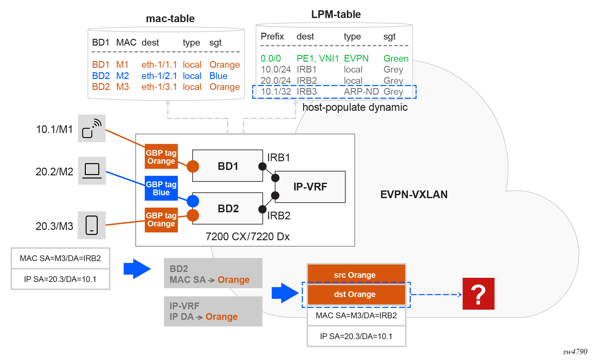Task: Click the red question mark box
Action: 478,294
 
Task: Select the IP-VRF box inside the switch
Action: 310,187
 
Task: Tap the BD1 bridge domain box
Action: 228,166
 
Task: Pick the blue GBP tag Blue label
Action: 161,188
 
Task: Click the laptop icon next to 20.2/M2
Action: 92,171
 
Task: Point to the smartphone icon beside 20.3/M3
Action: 92,225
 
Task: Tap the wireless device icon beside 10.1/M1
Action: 92,128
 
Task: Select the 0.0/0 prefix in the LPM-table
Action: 271,58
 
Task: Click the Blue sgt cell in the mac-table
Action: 218,76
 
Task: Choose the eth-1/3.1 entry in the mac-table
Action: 159,87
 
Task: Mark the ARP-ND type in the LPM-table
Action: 361,92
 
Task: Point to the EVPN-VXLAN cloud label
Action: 414,194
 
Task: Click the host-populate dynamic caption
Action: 355,107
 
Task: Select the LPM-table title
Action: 336,14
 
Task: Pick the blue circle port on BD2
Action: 193,201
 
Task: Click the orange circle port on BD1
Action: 193,166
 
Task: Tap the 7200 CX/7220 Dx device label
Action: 247,237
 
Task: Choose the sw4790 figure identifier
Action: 575,352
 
